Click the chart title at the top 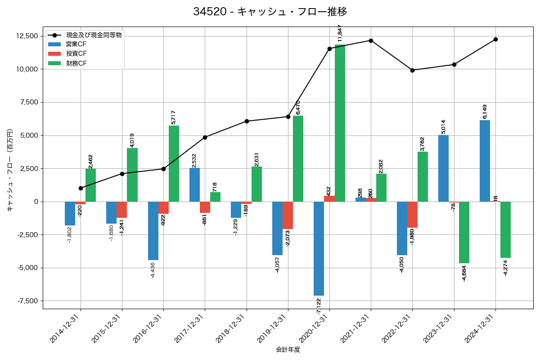click(x=270, y=12)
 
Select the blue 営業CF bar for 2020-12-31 click(x=319, y=248)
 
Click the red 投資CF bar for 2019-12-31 click(x=288, y=215)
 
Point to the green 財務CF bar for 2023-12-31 click(x=464, y=232)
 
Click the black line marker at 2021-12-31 click(x=371, y=40)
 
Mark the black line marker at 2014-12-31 click(x=81, y=188)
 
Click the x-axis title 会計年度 click(x=288, y=350)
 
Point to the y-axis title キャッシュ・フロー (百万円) click(x=9, y=171)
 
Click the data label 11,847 click(x=340, y=33)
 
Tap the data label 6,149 click(x=485, y=112)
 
